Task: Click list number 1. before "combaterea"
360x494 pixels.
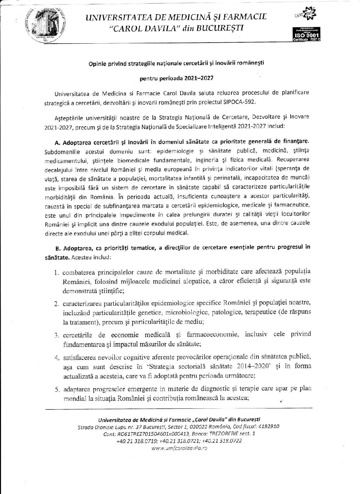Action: [57, 273]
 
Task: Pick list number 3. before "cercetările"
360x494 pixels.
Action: [57, 335]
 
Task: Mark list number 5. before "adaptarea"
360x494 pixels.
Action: [57, 390]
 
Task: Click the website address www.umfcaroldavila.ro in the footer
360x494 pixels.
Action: [179, 448]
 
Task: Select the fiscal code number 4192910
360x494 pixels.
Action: [267, 427]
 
